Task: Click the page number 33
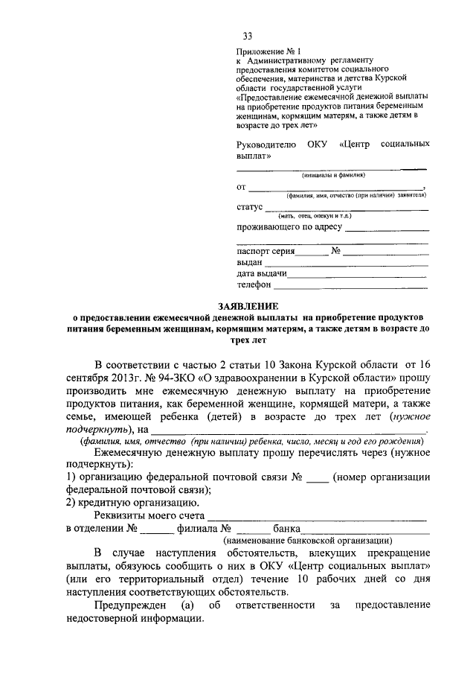247,36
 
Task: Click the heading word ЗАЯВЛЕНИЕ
248,306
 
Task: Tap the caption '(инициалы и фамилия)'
332,176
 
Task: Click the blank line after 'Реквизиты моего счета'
317,516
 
